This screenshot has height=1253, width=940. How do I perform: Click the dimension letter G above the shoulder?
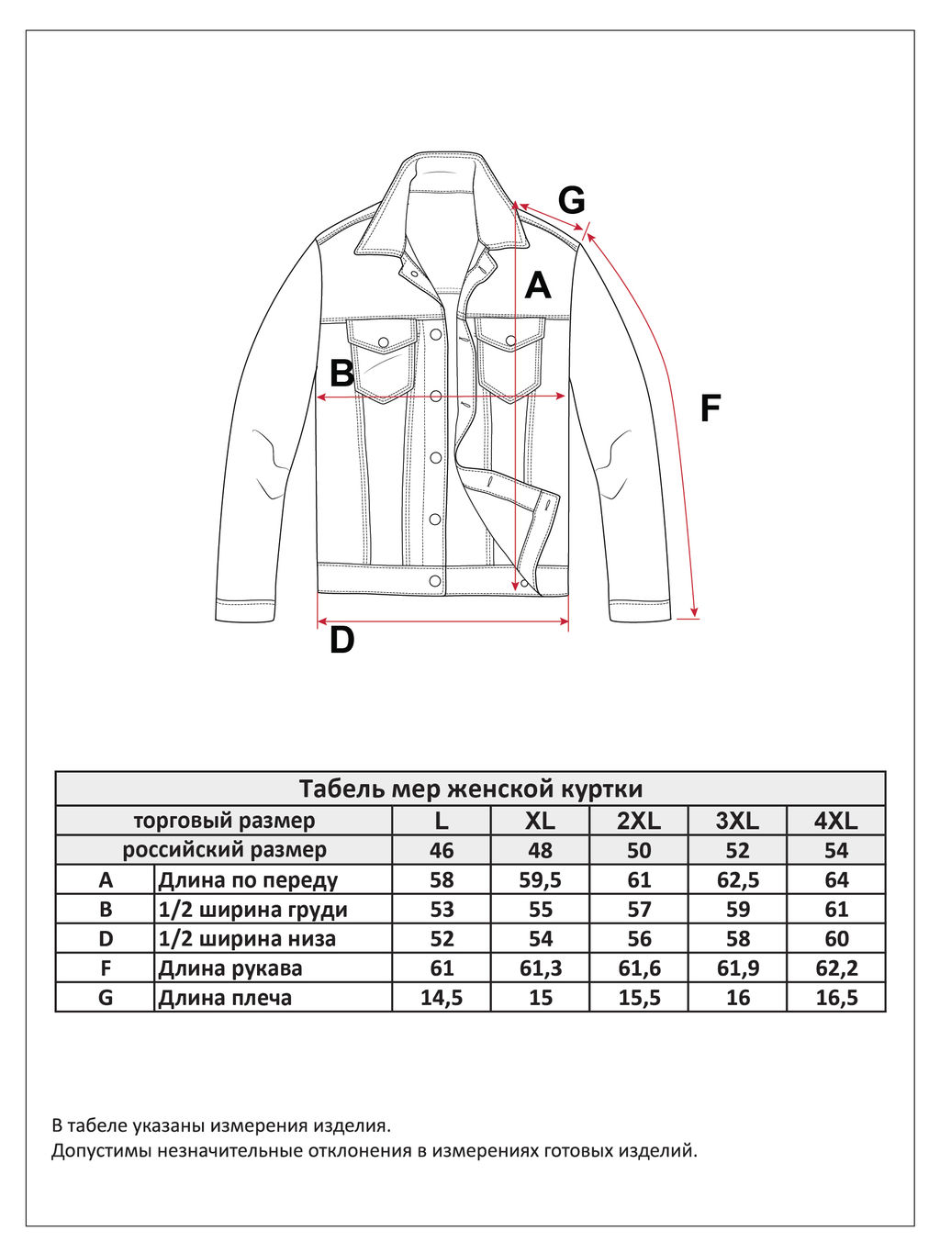point(571,200)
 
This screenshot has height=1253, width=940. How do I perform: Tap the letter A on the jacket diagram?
point(538,285)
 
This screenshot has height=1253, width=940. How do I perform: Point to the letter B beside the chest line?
point(341,374)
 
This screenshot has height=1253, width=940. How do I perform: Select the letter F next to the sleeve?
point(710,408)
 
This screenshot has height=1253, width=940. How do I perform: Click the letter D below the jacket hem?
point(341,640)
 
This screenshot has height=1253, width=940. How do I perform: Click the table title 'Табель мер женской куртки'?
point(470,789)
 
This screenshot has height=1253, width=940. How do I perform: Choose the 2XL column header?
point(639,821)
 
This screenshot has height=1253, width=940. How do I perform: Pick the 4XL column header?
point(836,821)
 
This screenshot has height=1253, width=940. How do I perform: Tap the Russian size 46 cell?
point(442,850)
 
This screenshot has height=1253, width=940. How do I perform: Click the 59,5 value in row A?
point(540,879)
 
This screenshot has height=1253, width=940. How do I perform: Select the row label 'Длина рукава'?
point(229,968)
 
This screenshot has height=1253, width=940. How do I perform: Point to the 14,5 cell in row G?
point(442,998)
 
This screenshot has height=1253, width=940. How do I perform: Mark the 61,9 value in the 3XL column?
point(737,968)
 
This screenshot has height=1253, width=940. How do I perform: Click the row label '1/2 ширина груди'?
point(252,909)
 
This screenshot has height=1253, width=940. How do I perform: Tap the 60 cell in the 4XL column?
point(836,938)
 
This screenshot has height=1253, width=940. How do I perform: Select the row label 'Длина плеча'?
point(225,998)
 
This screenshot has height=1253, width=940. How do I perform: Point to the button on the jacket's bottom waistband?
point(435,580)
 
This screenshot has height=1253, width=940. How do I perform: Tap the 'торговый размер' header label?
point(224,821)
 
